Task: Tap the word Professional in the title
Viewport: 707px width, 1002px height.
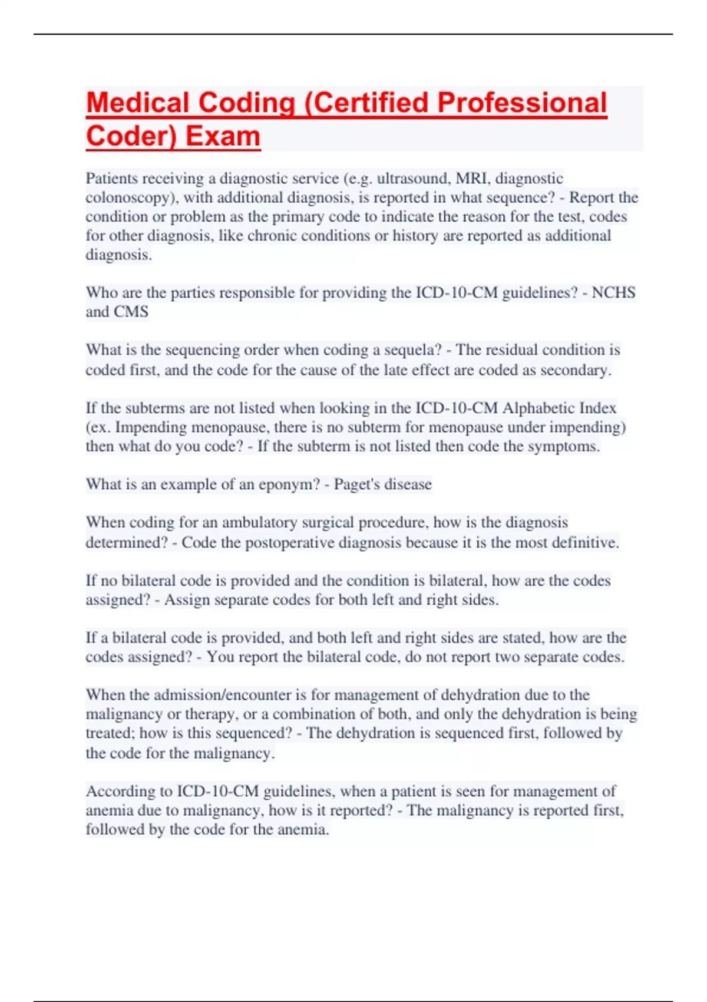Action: coord(522,103)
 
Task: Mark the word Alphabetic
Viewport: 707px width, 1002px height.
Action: coord(534,408)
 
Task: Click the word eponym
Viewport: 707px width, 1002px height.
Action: coord(292,484)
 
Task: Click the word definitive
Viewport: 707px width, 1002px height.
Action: coord(586,542)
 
